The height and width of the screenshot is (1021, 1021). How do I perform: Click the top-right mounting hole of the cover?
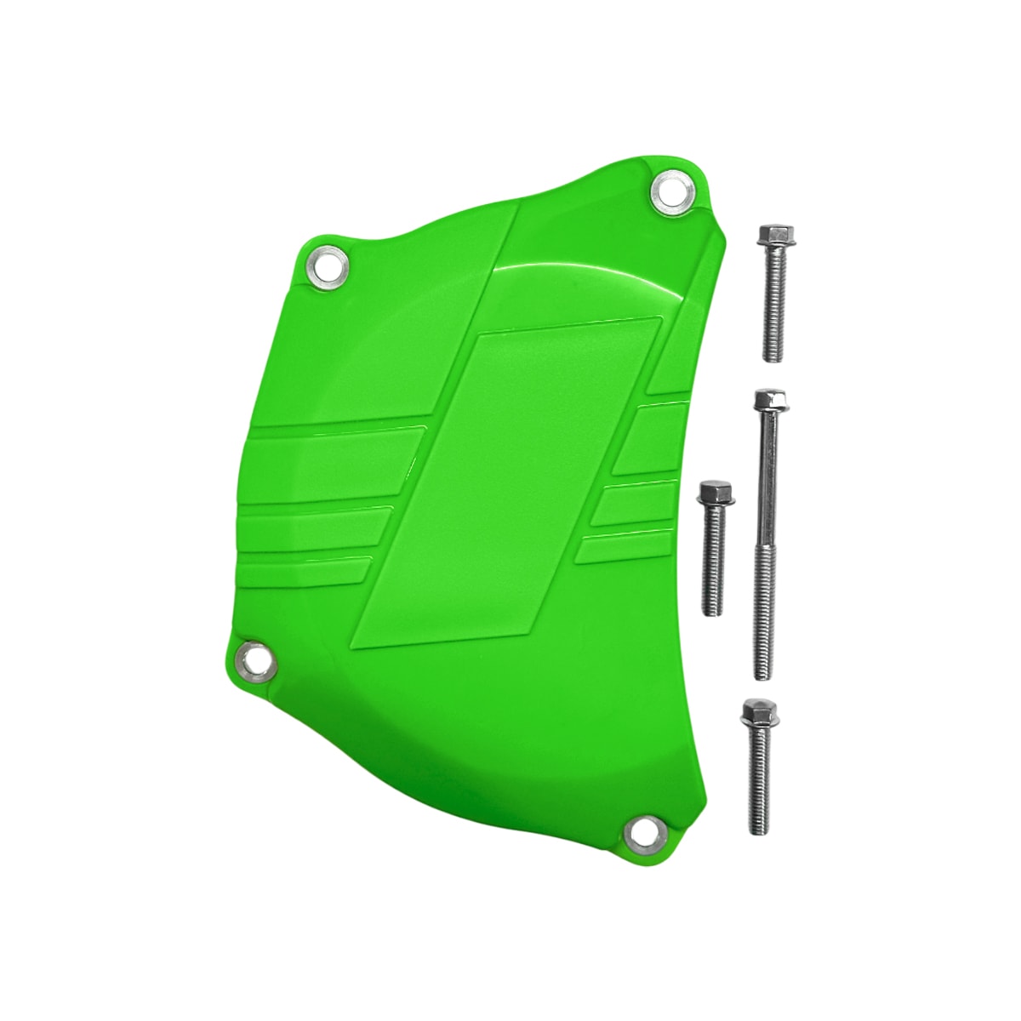(x=672, y=192)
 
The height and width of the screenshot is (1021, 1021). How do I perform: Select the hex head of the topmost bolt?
(x=773, y=233)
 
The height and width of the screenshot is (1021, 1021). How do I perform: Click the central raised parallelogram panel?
(x=510, y=476)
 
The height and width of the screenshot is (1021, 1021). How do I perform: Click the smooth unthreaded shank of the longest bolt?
(x=766, y=476)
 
